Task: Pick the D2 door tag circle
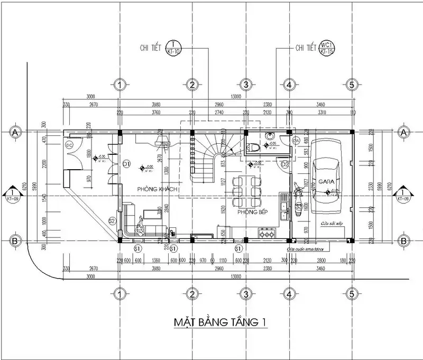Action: click(x=284, y=165)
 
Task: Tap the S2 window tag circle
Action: click(x=112, y=220)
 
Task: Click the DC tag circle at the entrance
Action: click(x=69, y=144)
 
